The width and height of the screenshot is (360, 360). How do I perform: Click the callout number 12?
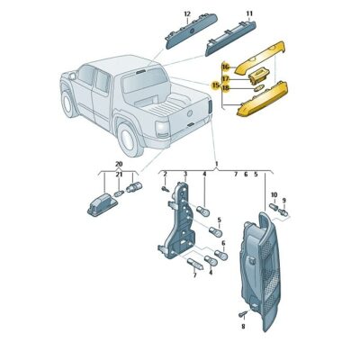pos(187,14)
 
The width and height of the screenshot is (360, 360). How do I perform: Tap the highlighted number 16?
pos(226,66)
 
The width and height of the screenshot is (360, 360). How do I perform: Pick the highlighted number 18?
pos(226,88)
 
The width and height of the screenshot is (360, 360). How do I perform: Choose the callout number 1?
pos(216,164)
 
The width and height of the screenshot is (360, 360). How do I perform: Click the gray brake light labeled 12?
pos(185,35)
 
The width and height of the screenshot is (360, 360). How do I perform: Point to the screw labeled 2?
pos(166,188)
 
